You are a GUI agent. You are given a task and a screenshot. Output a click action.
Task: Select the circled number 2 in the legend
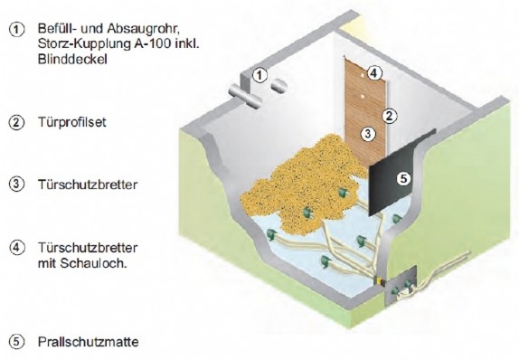coord(16,121)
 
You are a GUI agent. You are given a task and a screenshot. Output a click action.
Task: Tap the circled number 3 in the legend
coord(16,186)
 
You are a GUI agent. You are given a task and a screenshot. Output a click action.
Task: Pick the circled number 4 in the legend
coord(16,247)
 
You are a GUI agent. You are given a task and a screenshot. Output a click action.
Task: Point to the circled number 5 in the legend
coord(16,342)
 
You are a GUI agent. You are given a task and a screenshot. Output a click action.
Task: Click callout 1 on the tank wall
coord(259,75)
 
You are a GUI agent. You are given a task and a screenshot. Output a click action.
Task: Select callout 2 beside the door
coord(387,116)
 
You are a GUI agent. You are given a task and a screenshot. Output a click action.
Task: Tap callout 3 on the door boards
coord(368,134)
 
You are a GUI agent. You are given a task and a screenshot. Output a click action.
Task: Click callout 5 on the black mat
coord(403,178)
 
